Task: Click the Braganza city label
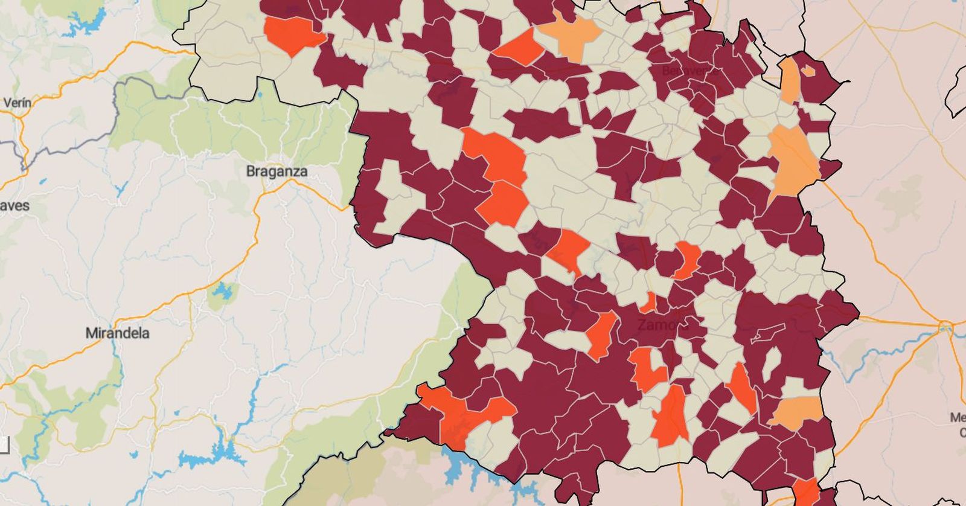click(277, 171)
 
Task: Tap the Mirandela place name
click(117, 333)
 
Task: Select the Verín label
click(17, 103)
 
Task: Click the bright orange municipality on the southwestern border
click(462, 414)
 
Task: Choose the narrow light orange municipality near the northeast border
click(789, 82)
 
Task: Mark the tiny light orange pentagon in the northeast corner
click(808, 71)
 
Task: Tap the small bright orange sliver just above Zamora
click(650, 301)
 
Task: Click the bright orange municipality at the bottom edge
click(806, 492)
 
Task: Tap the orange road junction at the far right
click(945, 328)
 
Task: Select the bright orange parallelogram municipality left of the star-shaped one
click(518, 47)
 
